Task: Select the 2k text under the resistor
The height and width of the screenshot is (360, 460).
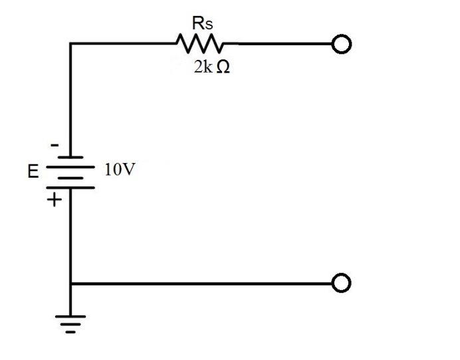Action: click(x=202, y=69)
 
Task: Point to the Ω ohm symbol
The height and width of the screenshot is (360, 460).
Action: click(x=223, y=69)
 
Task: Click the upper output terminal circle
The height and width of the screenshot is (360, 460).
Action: click(x=341, y=44)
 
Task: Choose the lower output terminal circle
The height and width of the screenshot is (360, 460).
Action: click(x=341, y=283)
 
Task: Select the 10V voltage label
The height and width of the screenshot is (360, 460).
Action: click(x=120, y=170)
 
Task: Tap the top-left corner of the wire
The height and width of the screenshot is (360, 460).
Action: click(x=70, y=44)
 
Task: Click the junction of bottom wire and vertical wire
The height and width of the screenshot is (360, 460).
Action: click(x=70, y=283)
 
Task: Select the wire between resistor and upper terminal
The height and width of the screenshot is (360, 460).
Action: click(x=279, y=44)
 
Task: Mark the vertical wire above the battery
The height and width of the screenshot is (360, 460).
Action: click(x=70, y=100)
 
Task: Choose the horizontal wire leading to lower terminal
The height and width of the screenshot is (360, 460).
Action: click(x=199, y=283)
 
